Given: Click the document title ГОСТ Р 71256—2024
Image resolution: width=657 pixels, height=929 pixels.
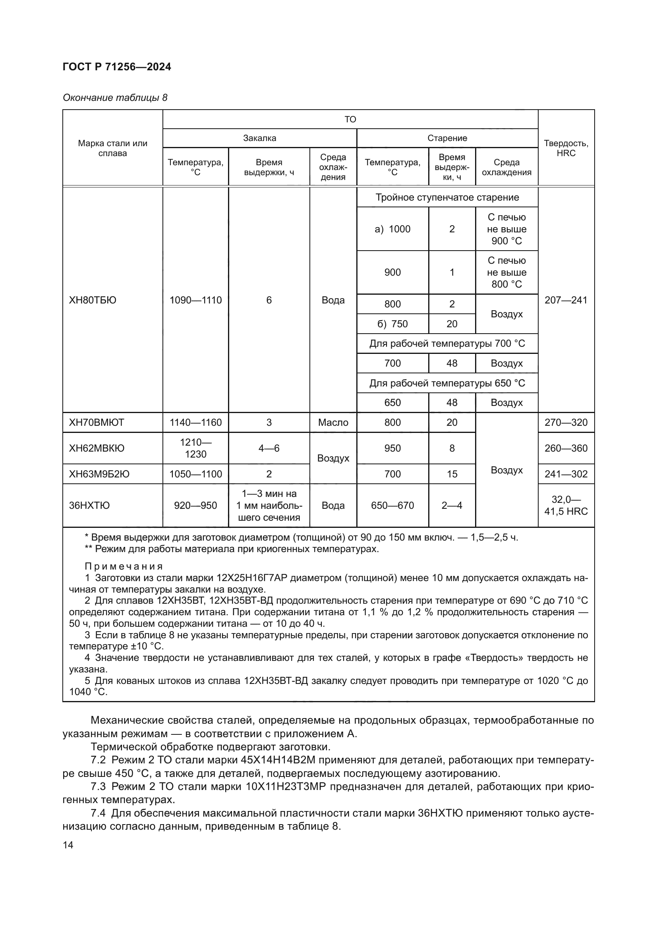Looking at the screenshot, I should click(117, 67).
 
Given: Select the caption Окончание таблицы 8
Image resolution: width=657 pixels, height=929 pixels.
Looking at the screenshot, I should click(115, 98).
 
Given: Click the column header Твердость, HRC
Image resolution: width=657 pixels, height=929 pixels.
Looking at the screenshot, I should click(566, 148).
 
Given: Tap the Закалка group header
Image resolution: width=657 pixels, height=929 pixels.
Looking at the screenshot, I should click(259, 138).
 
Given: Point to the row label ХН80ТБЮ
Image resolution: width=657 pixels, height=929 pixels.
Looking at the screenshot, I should click(93, 300).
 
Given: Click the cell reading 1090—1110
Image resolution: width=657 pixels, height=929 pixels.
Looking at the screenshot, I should click(195, 300).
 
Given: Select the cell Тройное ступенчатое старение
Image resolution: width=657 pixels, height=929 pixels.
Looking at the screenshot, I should click(447, 197).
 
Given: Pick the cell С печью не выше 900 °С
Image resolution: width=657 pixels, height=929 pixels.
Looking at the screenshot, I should click(506, 229).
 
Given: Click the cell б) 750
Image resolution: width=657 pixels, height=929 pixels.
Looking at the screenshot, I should click(392, 324).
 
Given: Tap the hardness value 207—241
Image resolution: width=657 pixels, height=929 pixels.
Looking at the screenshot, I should click(566, 300).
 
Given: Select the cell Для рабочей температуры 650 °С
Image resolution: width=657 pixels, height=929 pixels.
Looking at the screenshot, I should click(447, 383).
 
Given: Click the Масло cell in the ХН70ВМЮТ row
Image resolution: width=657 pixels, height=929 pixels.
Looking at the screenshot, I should click(333, 423).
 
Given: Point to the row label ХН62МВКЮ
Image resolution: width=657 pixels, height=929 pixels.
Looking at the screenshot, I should click(97, 448).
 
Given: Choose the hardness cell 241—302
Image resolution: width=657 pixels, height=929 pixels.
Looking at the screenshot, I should click(566, 474).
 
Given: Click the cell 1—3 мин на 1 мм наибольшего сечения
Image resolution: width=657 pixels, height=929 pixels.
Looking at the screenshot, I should click(269, 505).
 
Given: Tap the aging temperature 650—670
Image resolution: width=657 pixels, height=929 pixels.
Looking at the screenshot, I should click(392, 505).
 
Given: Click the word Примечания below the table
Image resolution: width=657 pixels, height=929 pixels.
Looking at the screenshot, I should click(124, 566).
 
